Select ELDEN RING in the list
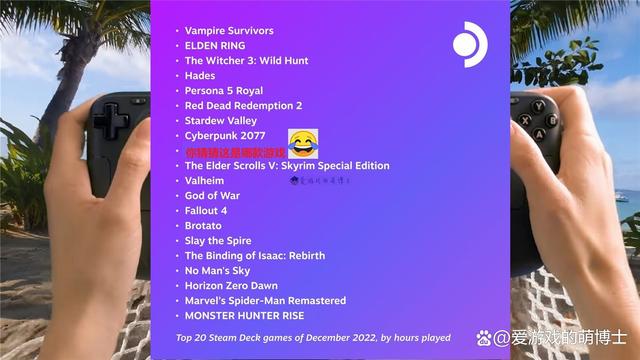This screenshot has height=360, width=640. click(x=214, y=45)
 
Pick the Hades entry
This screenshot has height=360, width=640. click(x=200, y=75)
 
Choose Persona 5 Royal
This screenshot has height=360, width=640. click(x=224, y=90)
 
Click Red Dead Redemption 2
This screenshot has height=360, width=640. click(x=243, y=105)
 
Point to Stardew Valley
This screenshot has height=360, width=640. click(x=220, y=120)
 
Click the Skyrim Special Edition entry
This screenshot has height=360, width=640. click(x=287, y=166)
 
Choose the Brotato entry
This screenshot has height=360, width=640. click(x=203, y=226)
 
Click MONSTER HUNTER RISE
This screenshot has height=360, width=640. click(x=244, y=315)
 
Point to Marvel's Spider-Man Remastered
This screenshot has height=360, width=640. click(x=265, y=300)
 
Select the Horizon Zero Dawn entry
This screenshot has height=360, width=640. click(x=231, y=285)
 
